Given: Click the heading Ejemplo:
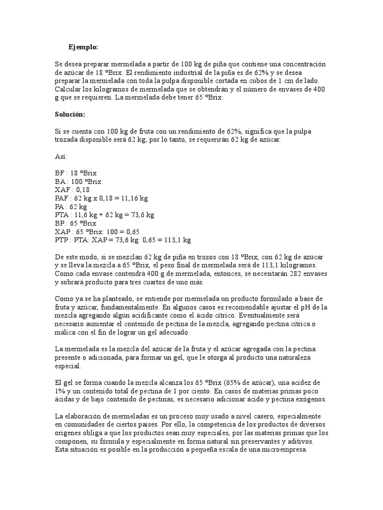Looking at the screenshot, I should [x=83, y=47].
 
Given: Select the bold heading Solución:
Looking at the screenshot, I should [x=70, y=115].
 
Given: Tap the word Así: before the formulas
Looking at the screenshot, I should [x=61, y=156].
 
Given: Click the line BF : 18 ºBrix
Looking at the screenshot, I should [x=75, y=173].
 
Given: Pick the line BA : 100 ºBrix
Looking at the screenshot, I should [x=78, y=181].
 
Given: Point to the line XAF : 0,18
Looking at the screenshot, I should [x=72, y=190].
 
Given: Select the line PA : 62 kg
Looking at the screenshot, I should [x=71, y=206].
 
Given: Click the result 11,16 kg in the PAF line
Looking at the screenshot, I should [x=132, y=198].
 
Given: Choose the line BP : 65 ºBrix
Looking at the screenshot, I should [x=75, y=223].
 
